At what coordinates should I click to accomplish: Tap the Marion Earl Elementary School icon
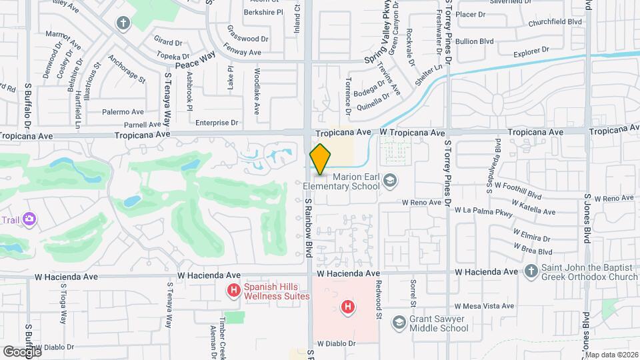tap(390, 180)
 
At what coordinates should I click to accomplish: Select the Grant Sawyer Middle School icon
tap(399, 323)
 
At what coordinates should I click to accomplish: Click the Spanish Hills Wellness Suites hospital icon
tap(233, 290)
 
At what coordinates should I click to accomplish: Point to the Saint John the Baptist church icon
tap(531, 271)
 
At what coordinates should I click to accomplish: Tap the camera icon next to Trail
tap(29, 219)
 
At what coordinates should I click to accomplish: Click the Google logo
tap(21, 351)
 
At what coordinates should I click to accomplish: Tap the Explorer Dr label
tap(531, 50)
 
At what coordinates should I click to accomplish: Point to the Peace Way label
tap(195, 61)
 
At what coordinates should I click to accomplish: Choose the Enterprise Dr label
tap(217, 123)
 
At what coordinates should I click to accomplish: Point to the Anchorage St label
tap(126, 68)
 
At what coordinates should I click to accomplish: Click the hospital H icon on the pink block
tap(347, 307)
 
